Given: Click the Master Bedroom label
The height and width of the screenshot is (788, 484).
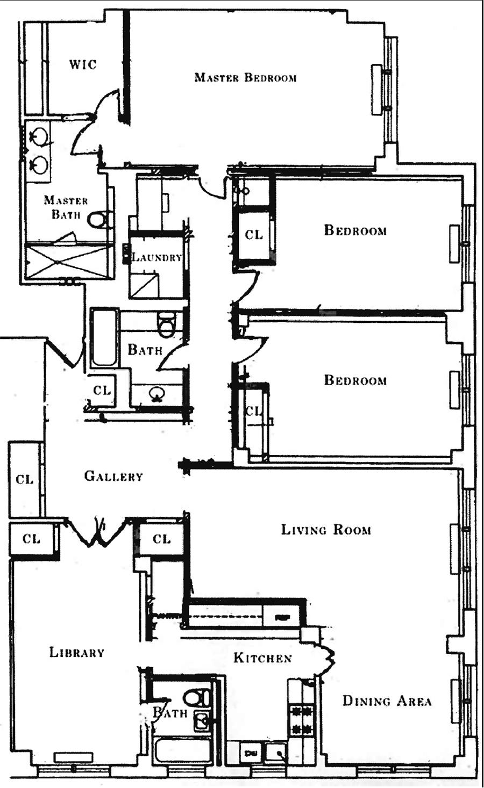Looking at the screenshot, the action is [246, 77].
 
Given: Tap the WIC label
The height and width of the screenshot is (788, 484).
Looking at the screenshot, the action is [83, 65].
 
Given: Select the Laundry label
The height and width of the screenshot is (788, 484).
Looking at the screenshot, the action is [156, 257].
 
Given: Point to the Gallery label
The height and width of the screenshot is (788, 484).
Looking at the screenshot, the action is [114, 476].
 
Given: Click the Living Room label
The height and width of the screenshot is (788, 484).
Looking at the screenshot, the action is [326, 530].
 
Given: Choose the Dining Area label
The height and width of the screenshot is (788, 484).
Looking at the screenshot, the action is [387, 701].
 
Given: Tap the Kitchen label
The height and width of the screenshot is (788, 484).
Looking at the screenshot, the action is [263, 657].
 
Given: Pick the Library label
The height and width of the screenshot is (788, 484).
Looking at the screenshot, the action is [77, 652].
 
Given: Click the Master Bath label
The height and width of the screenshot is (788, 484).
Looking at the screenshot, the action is [66, 207].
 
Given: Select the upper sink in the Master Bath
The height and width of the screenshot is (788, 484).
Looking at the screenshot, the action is [38, 135].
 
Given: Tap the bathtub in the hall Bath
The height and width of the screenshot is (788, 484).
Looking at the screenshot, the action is [104, 338].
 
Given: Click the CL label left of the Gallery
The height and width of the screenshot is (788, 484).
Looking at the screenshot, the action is [25, 479].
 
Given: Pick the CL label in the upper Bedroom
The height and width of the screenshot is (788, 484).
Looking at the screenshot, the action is [254, 234].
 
